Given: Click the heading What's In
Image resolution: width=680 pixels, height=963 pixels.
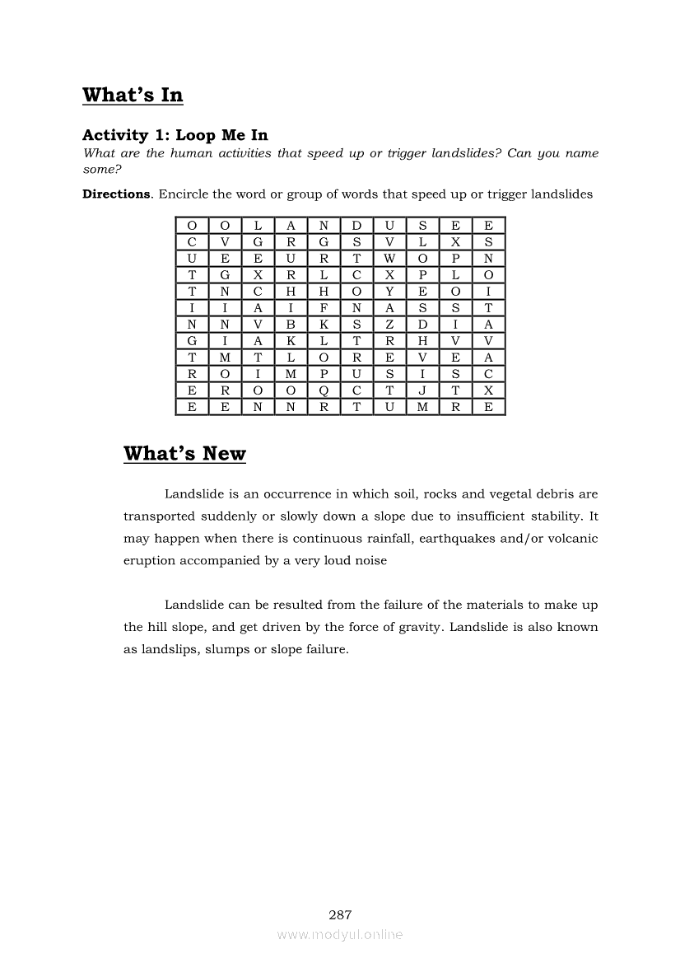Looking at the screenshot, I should point(133,96).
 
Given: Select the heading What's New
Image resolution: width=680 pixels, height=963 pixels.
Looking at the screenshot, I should point(184,454).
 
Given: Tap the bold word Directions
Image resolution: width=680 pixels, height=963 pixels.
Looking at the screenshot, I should point(116,195).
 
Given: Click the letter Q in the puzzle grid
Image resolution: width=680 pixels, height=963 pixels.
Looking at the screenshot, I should point(324,391).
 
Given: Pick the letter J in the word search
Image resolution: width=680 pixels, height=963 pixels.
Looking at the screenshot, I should point(422,391).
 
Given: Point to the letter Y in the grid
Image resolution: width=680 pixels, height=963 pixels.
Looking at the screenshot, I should point(389,292).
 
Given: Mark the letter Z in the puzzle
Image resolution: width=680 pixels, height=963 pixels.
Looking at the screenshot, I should point(389,325).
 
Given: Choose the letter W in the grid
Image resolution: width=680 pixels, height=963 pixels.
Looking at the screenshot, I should point(389,259).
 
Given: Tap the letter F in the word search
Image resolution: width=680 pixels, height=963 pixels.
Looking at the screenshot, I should point(324,308).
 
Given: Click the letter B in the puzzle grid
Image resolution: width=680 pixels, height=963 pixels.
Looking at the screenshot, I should point(291,325).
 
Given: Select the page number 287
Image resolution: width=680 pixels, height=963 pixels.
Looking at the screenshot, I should point(340,914).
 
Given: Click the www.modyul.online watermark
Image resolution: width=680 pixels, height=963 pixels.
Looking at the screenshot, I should point(340,935).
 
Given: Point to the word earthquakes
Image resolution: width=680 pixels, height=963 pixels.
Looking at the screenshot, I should point(479,539).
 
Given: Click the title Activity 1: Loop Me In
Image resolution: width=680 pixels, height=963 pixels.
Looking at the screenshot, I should point(175,135).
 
